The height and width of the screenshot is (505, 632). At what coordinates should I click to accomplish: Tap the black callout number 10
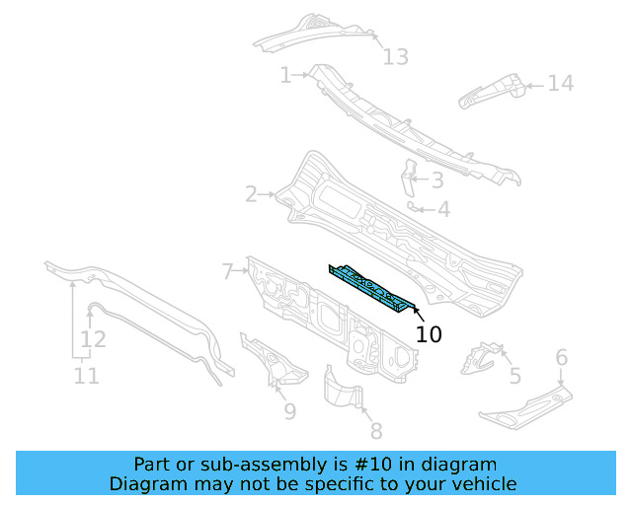[429, 335]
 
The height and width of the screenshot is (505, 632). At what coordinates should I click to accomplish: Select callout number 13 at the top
[395, 57]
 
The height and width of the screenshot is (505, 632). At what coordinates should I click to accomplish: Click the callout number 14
[560, 84]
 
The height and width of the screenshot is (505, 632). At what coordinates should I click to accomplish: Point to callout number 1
[285, 75]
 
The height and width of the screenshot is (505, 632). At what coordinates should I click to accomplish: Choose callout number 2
[252, 194]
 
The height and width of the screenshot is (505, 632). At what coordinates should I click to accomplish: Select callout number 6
[562, 357]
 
